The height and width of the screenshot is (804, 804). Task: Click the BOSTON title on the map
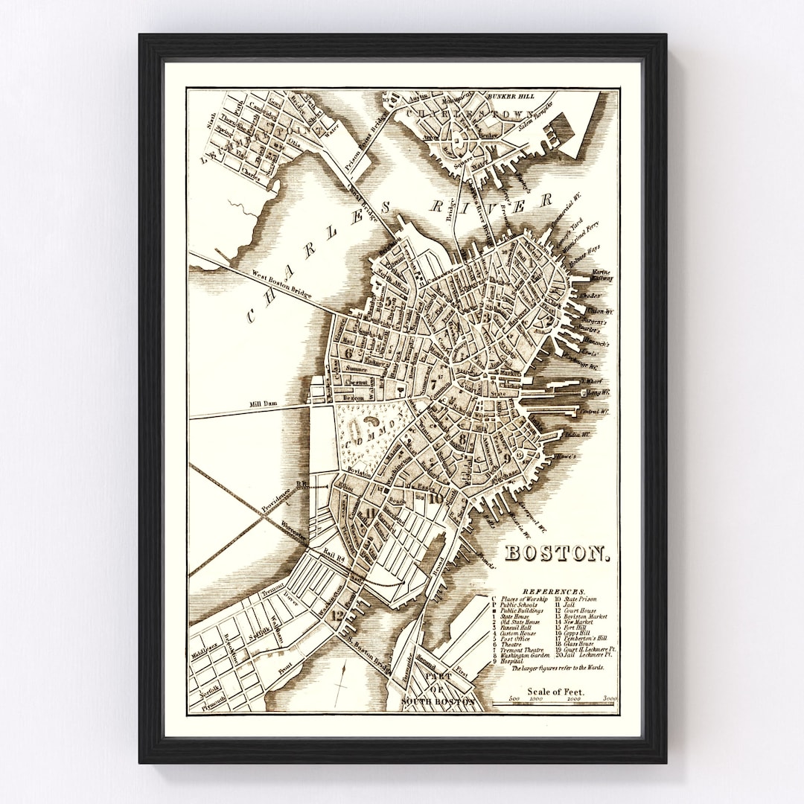pos(558,553)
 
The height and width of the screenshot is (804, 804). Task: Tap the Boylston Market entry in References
pos(581,616)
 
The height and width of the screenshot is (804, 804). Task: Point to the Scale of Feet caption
pos(555,692)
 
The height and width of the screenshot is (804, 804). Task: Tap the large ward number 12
pos(338,616)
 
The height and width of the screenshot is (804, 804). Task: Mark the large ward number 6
pos(347,352)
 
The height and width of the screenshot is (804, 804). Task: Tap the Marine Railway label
pos(602,276)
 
